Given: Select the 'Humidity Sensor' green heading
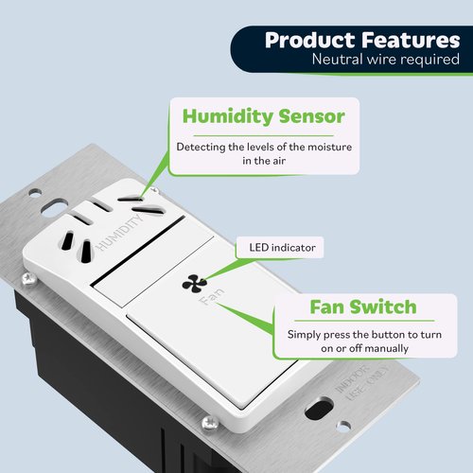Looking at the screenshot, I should (264, 117).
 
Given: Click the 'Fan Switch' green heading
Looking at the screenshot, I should (362, 307).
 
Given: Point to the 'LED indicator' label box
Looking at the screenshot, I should (280, 248).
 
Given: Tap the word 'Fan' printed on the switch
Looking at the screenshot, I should (211, 305).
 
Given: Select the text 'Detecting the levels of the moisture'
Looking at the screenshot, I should (264, 146).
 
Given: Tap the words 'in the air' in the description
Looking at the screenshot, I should (264, 162).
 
